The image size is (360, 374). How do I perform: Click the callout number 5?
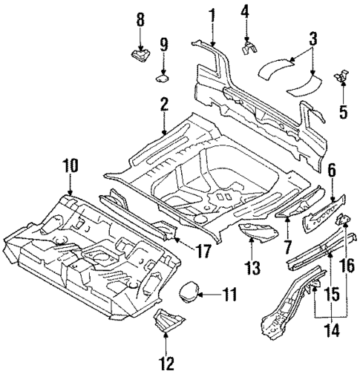tap(343, 113)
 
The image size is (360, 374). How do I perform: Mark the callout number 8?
tap(140, 19)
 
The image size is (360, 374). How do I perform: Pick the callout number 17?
tap(202, 252)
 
